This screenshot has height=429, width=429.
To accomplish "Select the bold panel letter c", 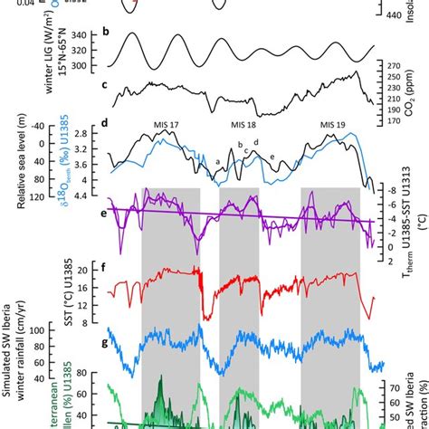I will (108, 86).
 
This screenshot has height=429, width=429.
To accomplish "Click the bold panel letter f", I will (108, 268).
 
